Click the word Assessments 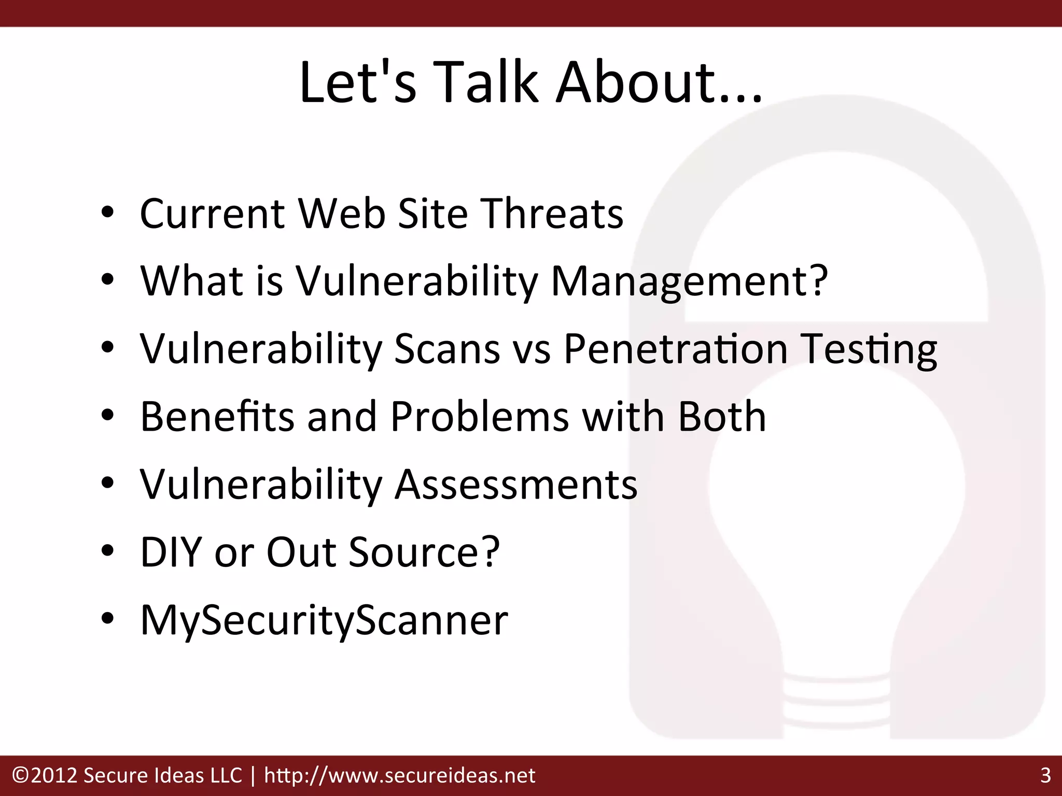516,484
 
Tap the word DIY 171,551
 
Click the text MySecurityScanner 324,620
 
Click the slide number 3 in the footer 1045,776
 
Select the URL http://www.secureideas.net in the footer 399,776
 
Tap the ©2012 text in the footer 44,776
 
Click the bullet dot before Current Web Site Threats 107,214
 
